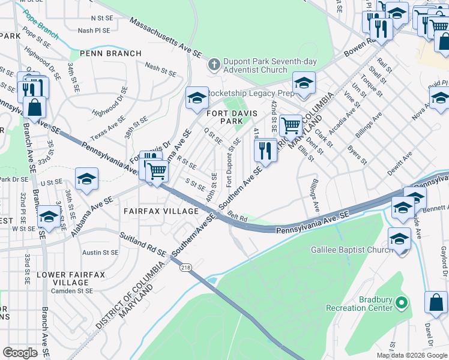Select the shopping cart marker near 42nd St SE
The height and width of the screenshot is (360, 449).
291,126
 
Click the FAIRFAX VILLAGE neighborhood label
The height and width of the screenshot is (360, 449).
161,211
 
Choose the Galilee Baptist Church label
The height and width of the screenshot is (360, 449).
346,250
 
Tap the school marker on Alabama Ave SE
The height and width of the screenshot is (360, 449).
86,179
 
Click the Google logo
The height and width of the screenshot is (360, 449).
20,352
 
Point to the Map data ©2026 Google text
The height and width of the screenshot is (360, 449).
411,355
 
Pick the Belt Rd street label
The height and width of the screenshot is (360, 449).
238,219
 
